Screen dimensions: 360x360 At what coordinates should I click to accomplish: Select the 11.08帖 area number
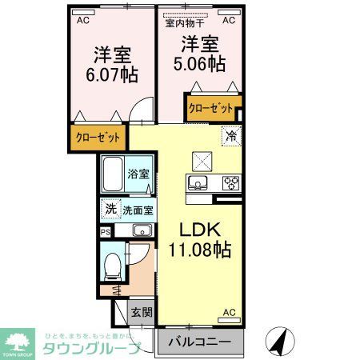pos(199,249)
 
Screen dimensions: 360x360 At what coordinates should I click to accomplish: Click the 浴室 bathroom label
pos(138,174)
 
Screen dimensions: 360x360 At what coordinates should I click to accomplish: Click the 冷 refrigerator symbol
pos(230,136)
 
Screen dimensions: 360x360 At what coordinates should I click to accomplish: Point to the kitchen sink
pos(197,183)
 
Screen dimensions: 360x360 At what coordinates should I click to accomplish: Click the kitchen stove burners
pos(231,183)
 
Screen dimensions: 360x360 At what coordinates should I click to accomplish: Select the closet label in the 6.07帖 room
pos(98,138)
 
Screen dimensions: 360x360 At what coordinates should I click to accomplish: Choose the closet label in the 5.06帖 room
pos(210,107)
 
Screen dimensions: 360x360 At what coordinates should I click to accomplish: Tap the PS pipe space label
pos(106,231)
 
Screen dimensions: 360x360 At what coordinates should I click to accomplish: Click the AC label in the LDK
pos(229,312)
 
